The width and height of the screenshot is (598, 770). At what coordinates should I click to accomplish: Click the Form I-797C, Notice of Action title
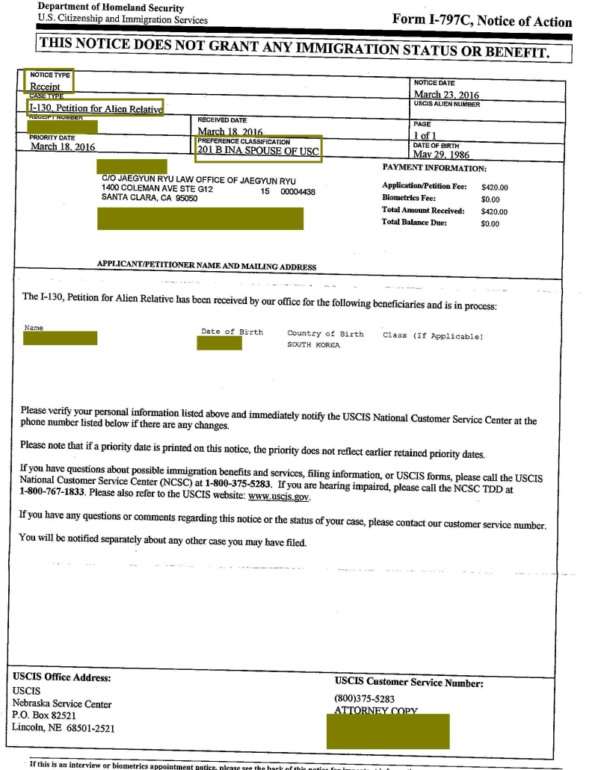click(x=481, y=21)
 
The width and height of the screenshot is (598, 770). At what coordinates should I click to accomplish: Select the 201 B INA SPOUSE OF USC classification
click(x=257, y=149)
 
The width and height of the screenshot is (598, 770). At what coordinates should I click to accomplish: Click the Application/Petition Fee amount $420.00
click(x=494, y=187)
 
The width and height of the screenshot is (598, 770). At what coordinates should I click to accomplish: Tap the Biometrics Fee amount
click(x=490, y=199)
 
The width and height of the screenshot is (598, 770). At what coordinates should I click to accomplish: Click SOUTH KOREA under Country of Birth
click(x=314, y=345)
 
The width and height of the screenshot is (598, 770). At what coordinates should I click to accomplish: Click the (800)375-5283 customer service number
click(x=365, y=699)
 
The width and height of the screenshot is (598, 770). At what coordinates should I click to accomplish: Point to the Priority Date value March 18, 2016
click(x=63, y=147)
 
